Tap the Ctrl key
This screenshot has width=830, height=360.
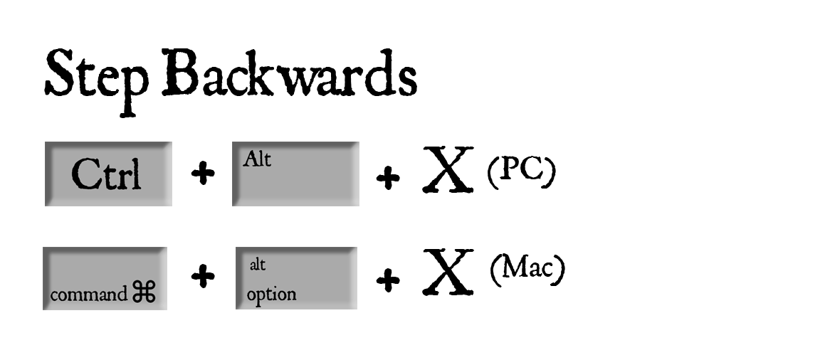point(107,174)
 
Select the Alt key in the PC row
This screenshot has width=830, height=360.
point(295,174)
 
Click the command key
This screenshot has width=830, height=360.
point(105,278)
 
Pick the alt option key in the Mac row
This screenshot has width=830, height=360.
point(296,278)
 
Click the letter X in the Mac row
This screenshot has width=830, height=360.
point(448,272)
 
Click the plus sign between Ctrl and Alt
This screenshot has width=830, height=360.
point(203,174)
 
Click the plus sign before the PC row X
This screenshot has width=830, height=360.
point(387,178)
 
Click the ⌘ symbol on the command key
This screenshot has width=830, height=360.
point(143,293)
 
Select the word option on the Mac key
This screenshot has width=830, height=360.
point(271,294)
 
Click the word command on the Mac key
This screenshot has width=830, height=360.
point(88,295)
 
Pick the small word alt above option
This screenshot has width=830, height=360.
point(258,265)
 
